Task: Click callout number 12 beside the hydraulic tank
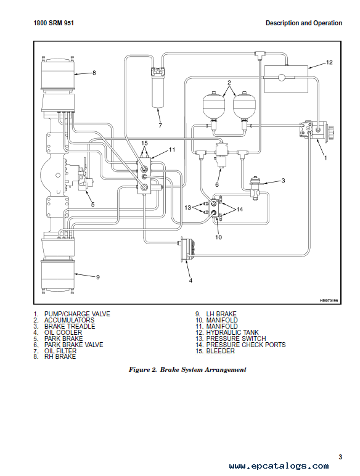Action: point(329,62)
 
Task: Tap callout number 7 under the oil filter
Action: point(160,125)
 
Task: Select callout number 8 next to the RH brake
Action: point(94,73)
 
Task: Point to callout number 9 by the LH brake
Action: point(98,277)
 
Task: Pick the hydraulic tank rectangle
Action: point(286,80)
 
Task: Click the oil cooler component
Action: point(187,248)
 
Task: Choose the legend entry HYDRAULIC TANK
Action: point(232,332)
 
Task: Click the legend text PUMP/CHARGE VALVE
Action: point(77,314)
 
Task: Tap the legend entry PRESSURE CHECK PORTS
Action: point(246,345)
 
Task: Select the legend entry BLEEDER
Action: point(220,351)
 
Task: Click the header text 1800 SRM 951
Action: point(54,23)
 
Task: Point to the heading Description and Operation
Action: point(304,23)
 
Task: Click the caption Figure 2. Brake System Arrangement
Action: point(187,370)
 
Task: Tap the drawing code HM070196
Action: point(329,301)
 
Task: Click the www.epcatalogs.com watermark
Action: point(279,466)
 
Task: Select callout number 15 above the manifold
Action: point(144,143)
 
